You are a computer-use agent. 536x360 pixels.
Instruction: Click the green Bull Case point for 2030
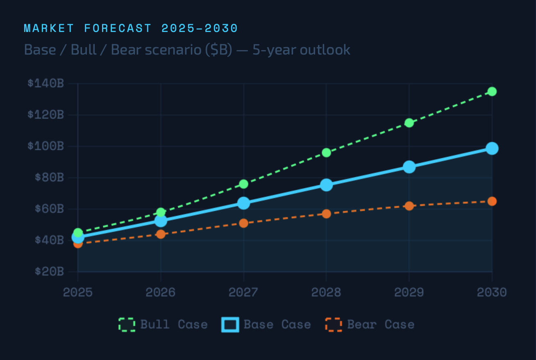click(492, 91)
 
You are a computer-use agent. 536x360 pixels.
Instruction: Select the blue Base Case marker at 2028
click(326, 185)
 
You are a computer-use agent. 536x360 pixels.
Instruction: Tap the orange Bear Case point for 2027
click(243, 223)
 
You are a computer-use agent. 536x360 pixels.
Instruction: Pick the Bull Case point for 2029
click(409, 123)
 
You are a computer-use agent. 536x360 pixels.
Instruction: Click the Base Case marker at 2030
click(492, 148)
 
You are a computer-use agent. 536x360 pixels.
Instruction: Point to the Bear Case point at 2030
click(492, 201)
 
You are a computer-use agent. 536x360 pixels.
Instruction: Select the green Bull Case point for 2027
click(243, 184)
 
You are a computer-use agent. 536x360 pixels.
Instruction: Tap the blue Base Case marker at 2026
click(161, 221)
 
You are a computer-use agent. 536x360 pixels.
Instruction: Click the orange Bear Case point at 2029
click(409, 206)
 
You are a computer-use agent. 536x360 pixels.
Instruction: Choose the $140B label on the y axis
click(45, 83)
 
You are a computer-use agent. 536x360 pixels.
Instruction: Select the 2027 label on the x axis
click(243, 292)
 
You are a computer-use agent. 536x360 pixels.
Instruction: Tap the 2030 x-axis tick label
click(492, 292)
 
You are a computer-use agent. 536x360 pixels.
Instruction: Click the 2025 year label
click(78, 292)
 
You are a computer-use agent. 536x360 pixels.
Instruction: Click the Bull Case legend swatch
click(127, 325)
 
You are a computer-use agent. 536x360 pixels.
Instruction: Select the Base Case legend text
click(277, 325)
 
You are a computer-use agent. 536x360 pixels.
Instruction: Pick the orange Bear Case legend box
click(334, 325)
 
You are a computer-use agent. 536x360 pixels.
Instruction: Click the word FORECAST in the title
click(118, 28)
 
